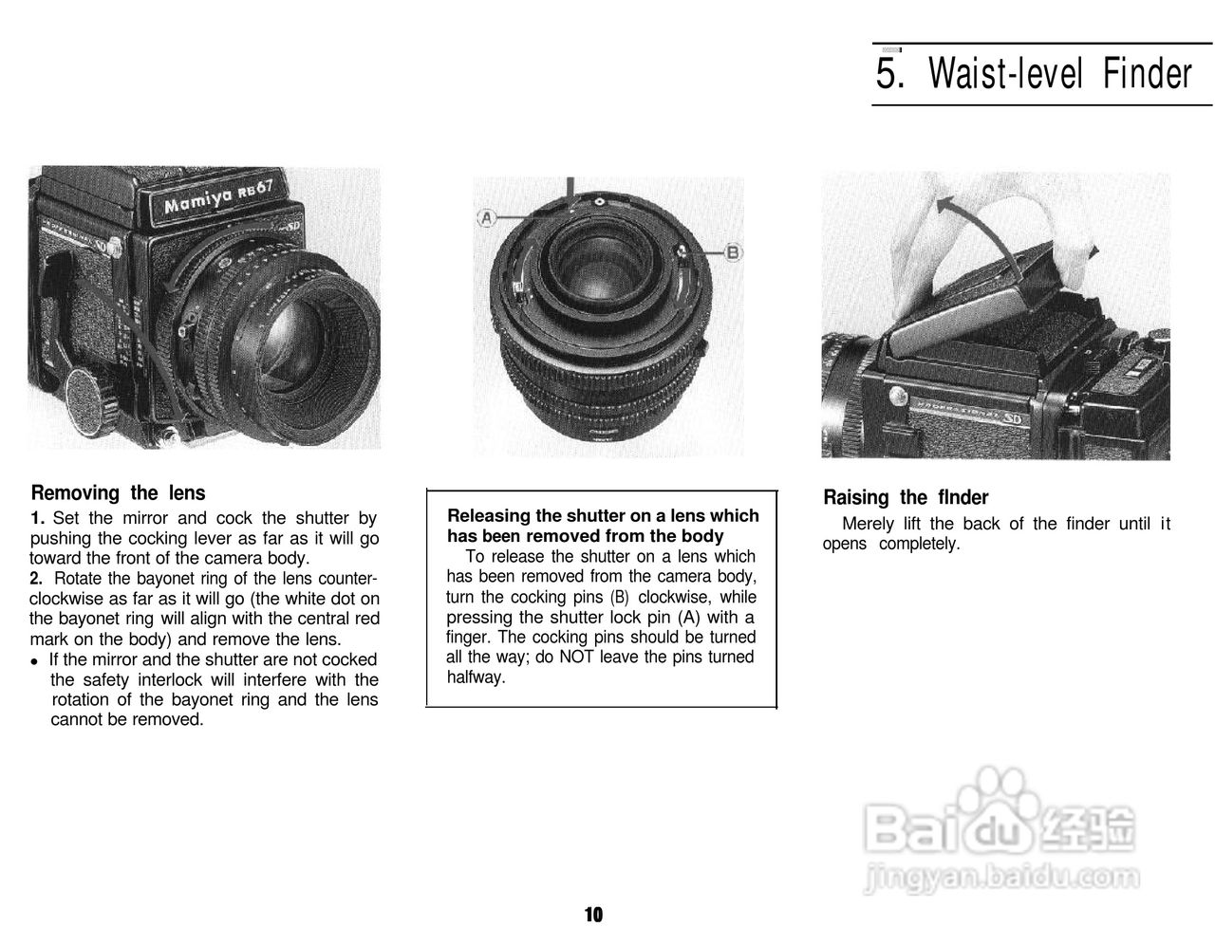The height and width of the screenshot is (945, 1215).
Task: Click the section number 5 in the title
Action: (x=888, y=74)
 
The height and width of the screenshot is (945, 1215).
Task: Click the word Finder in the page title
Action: (x=1147, y=74)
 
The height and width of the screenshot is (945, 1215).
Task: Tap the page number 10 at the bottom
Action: (x=593, y=915)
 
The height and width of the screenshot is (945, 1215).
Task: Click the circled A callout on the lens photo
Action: (x=487, y=218)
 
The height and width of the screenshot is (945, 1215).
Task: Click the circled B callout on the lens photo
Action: (x=733, y=252)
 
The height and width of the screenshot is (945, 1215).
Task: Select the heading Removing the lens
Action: (x=118, y=492)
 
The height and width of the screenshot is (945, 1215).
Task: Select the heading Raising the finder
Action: (x=905, y=497)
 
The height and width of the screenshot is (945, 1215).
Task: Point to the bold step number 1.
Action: (x=37, y=518)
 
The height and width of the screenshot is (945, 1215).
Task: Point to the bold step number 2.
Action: (x=37, y=579)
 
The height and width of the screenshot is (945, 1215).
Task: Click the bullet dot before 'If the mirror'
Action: (x=35, y=661)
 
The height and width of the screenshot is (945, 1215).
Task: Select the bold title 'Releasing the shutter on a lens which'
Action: (x=603, y=516)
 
